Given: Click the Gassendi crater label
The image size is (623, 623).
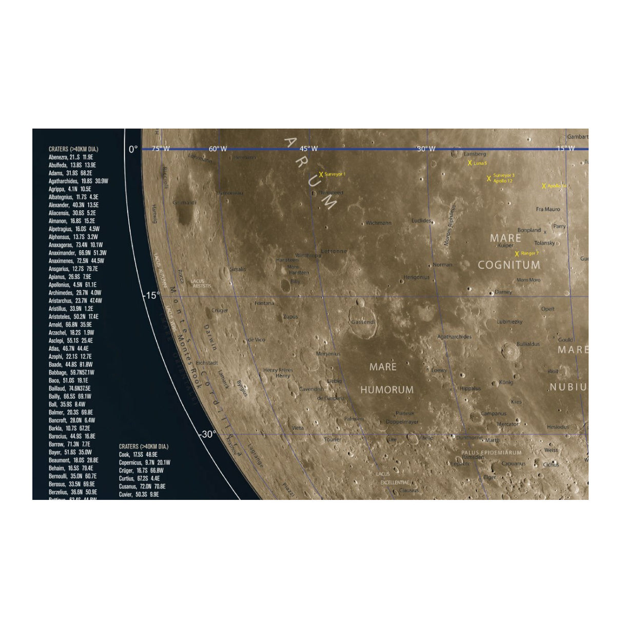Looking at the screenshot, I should [363, 322].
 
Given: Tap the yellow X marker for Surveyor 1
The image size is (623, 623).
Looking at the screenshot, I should [321, 174].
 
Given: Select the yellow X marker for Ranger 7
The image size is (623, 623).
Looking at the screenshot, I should [517, 254].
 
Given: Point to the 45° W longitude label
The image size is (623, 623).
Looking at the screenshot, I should [308, 149].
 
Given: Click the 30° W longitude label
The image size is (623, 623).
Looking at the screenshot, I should [425, 149].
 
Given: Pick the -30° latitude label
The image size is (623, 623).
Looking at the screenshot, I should [207, 434].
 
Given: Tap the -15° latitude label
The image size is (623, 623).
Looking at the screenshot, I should [151, 296].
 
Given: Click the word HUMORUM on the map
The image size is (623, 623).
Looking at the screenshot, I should [387, 390].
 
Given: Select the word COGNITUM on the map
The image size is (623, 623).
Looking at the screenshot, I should [509, 265].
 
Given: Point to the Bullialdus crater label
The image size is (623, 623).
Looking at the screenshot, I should [528, 344].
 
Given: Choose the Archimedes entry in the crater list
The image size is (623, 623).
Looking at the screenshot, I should [75, 293].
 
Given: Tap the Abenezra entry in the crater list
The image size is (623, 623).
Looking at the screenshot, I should [71, 157].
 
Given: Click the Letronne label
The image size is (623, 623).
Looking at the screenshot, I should [334, 251].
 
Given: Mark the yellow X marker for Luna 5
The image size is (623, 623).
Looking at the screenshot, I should [470, 163].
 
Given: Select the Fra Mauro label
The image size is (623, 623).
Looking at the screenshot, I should [548, 209].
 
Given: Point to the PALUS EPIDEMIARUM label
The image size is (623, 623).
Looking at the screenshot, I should [491, 453].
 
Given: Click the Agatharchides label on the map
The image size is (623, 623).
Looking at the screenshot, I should [454, 337].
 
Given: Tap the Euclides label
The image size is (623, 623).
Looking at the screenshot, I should [421, 221].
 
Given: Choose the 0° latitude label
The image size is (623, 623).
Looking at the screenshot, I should [133, 149].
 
